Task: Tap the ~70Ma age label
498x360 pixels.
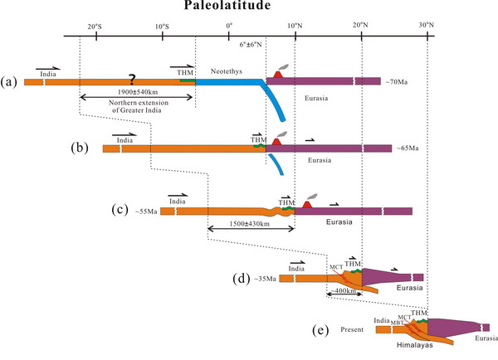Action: coord(398,81)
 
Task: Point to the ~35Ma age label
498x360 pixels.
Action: coord(266,277)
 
